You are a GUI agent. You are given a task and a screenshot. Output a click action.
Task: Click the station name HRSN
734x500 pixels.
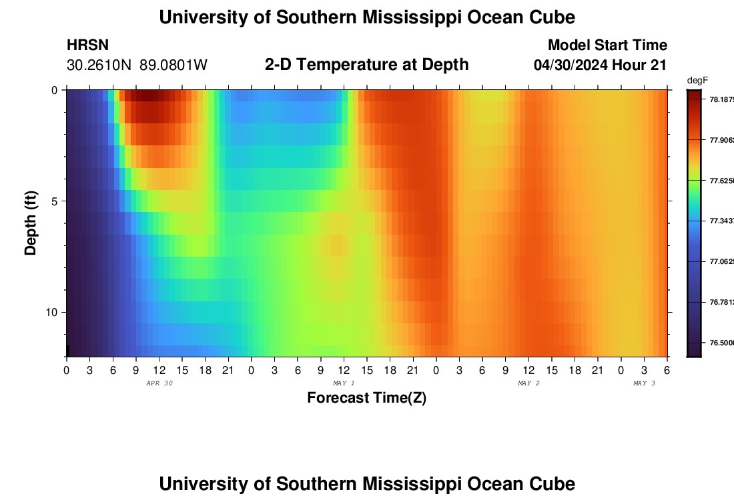[87, 45]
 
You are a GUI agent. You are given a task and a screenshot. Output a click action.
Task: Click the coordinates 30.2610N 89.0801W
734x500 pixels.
[137, 65]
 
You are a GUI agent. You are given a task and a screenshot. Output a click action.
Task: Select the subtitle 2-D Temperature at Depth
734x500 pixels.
[366, 65]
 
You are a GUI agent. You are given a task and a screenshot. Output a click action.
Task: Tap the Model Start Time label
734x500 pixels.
[607, 45]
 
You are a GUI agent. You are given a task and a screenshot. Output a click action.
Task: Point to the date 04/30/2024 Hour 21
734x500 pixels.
[601, 65]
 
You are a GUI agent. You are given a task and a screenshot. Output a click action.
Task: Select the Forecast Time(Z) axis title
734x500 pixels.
[366, 398]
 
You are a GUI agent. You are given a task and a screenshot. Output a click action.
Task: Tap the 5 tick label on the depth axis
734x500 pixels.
[55, 201]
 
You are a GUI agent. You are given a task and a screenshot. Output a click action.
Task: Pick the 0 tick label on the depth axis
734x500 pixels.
[55, 90]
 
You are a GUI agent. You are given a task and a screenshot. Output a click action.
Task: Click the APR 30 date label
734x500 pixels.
[159, 383]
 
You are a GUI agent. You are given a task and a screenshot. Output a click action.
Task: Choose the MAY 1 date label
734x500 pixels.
[344, 383]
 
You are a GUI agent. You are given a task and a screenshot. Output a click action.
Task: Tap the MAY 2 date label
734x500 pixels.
[528, 383]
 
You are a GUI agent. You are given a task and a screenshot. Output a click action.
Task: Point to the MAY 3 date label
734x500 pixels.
[644, 383]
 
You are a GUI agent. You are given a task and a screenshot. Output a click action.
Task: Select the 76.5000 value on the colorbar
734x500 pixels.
[721, 343]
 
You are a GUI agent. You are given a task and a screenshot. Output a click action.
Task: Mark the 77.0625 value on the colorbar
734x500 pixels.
[721, 262]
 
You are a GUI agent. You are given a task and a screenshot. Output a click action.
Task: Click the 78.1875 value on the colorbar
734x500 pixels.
[721, 99]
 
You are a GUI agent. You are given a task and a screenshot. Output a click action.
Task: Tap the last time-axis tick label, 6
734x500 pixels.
[667, 370]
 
